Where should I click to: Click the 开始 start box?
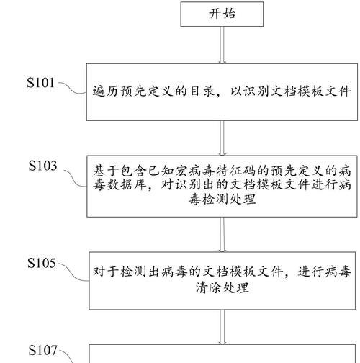(222, 14)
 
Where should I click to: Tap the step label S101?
(40, 83)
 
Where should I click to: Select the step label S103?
(42, 166)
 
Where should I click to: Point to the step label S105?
(42, 263)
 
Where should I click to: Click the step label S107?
(42, 350)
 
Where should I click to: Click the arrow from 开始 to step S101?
(222, 45)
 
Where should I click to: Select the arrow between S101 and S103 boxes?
(222, 138)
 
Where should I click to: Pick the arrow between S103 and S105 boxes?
(222, 235)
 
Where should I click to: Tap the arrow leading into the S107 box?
(222, 327)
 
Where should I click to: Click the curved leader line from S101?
(72, 89)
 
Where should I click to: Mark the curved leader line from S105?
(73, 273)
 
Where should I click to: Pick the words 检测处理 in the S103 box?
(222, 200)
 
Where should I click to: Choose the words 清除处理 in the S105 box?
(222, 287)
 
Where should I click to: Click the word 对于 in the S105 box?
(106, 272)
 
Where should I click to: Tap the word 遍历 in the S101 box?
(106, 91)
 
